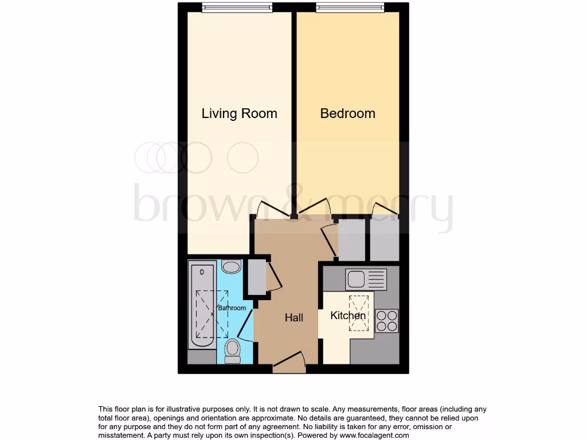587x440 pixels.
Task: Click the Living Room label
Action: (239, 113)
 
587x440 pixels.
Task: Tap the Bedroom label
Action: (347, 113)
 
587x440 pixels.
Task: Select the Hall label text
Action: (294, 317)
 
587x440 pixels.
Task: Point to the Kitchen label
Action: (348, 316)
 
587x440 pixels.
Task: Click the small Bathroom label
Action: (232, 308)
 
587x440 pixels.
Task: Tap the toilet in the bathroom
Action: (232, 350)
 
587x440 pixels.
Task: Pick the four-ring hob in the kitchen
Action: (386, 320)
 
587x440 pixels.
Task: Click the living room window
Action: (237, 7)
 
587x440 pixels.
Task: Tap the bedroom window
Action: (350, 7)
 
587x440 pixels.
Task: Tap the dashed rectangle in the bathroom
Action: (213, 315)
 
